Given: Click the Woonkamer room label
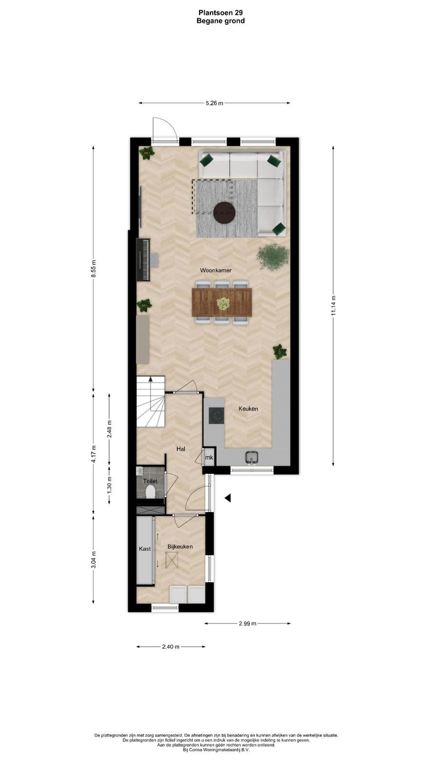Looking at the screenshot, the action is [216, 271].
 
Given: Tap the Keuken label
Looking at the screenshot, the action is [248, 409].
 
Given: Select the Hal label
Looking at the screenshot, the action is [181, 449].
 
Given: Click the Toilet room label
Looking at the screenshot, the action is [150, 481].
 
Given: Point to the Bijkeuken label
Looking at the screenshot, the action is [180, 547].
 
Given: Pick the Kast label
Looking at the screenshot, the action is [145, 549].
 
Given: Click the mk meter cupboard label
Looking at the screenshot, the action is [209, 458].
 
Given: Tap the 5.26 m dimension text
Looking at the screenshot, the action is [214, 103].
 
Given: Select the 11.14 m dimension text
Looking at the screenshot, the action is [334, 305].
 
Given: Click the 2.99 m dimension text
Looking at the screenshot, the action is [247, 623].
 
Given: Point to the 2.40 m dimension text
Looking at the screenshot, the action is [171, 647].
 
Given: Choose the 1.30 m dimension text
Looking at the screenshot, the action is [109, 485].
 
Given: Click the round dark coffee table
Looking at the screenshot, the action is [225, 213].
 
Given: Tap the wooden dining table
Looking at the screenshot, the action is [222, 302].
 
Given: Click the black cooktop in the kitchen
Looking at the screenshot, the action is [216, 415].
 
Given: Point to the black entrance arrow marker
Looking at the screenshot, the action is [227, 498].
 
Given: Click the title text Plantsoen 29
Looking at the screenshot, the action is [221, 12].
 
